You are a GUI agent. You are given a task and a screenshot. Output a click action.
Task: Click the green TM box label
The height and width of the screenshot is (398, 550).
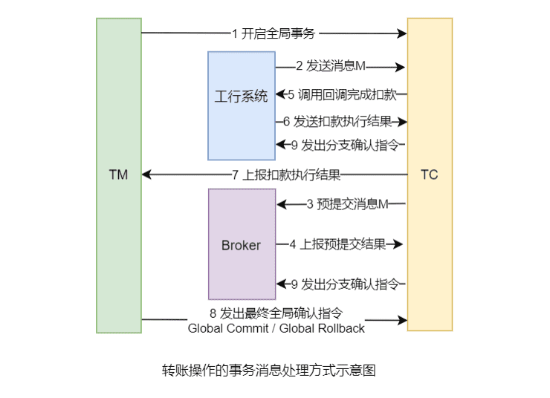tap(118, 175)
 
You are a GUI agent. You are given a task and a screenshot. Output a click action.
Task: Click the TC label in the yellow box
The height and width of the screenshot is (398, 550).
tap(429, 175)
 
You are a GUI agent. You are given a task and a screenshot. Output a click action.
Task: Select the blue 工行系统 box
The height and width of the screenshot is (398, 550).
tap(241, 97)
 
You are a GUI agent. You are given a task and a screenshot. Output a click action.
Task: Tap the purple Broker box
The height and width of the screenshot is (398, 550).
tap(241, 245)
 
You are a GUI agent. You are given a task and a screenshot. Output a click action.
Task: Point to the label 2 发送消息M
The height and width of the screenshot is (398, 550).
tap(331, 66)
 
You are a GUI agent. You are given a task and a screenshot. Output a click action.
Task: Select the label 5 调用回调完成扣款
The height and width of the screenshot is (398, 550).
tap(342, 94)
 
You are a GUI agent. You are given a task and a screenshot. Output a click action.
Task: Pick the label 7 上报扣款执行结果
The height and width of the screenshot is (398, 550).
tap(286, 175)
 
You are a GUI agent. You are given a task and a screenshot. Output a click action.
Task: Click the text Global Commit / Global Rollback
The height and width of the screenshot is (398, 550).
tap(276, 327)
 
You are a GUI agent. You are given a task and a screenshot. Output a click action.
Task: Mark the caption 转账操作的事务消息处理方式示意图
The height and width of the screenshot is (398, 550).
tap(269, 370)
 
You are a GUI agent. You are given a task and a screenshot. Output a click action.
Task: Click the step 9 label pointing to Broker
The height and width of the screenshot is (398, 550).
tap(343, 284)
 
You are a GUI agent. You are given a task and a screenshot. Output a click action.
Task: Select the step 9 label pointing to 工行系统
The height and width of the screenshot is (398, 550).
tap(343, 145)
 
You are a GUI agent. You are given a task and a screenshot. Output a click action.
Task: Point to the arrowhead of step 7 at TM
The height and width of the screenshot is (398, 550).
tap(146, 175)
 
